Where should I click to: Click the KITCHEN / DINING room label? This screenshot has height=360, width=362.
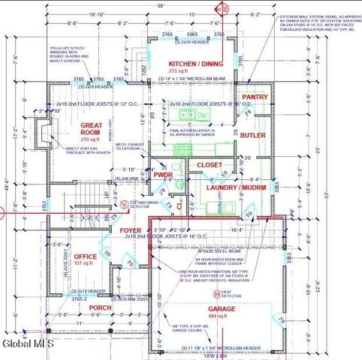pyautogui.click(x=195, y=64)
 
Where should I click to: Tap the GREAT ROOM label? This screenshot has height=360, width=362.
pyautogui.click(x=97, y=128)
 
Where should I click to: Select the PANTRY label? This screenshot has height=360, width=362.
pyautogui.click(x=255, y=97)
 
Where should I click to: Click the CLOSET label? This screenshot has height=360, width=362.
pyautogui.click(x=210, y=164)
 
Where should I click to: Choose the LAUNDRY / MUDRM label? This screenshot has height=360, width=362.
pyautogui.click(x=231, y=186)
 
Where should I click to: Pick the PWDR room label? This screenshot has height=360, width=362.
pyautogui.click(x=163, y=175)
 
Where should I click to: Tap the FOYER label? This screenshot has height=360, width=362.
pyautogui.click(x=131, y=230)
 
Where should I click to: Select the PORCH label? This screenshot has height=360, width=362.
pyautogui.click(x=100, y=307)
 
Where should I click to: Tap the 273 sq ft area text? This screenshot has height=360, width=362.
pyautogui.click(x=194, y=72)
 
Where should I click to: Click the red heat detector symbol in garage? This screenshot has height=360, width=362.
pyautogui.click(x=219, y=293)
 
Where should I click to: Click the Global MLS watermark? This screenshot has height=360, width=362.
pyautogui.click(x=27, y=344)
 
